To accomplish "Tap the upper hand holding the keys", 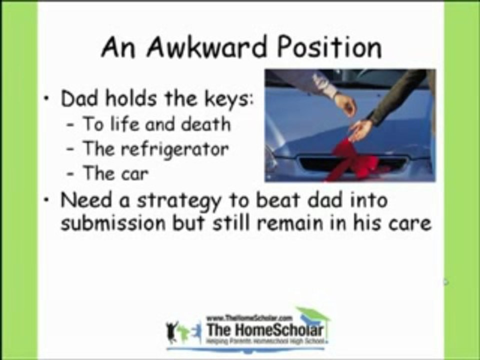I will [345, 103].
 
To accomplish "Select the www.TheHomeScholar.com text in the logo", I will [248, 317].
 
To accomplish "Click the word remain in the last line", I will [320, 223].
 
